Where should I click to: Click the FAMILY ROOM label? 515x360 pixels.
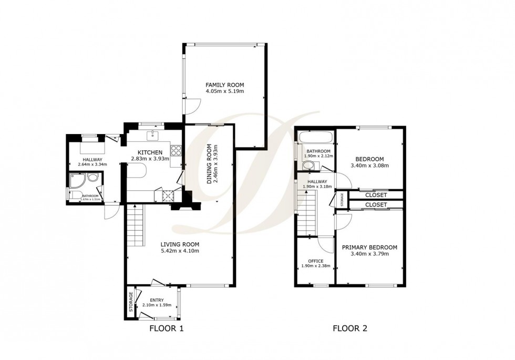224,85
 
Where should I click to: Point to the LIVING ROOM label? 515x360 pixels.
180,244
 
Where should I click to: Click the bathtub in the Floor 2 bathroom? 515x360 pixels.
315,138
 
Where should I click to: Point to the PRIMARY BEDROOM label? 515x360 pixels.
369,247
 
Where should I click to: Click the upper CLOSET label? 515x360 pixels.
376,195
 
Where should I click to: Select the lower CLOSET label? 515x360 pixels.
376,204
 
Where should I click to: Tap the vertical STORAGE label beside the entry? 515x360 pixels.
131,302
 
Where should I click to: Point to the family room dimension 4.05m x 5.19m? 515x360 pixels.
224,91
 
